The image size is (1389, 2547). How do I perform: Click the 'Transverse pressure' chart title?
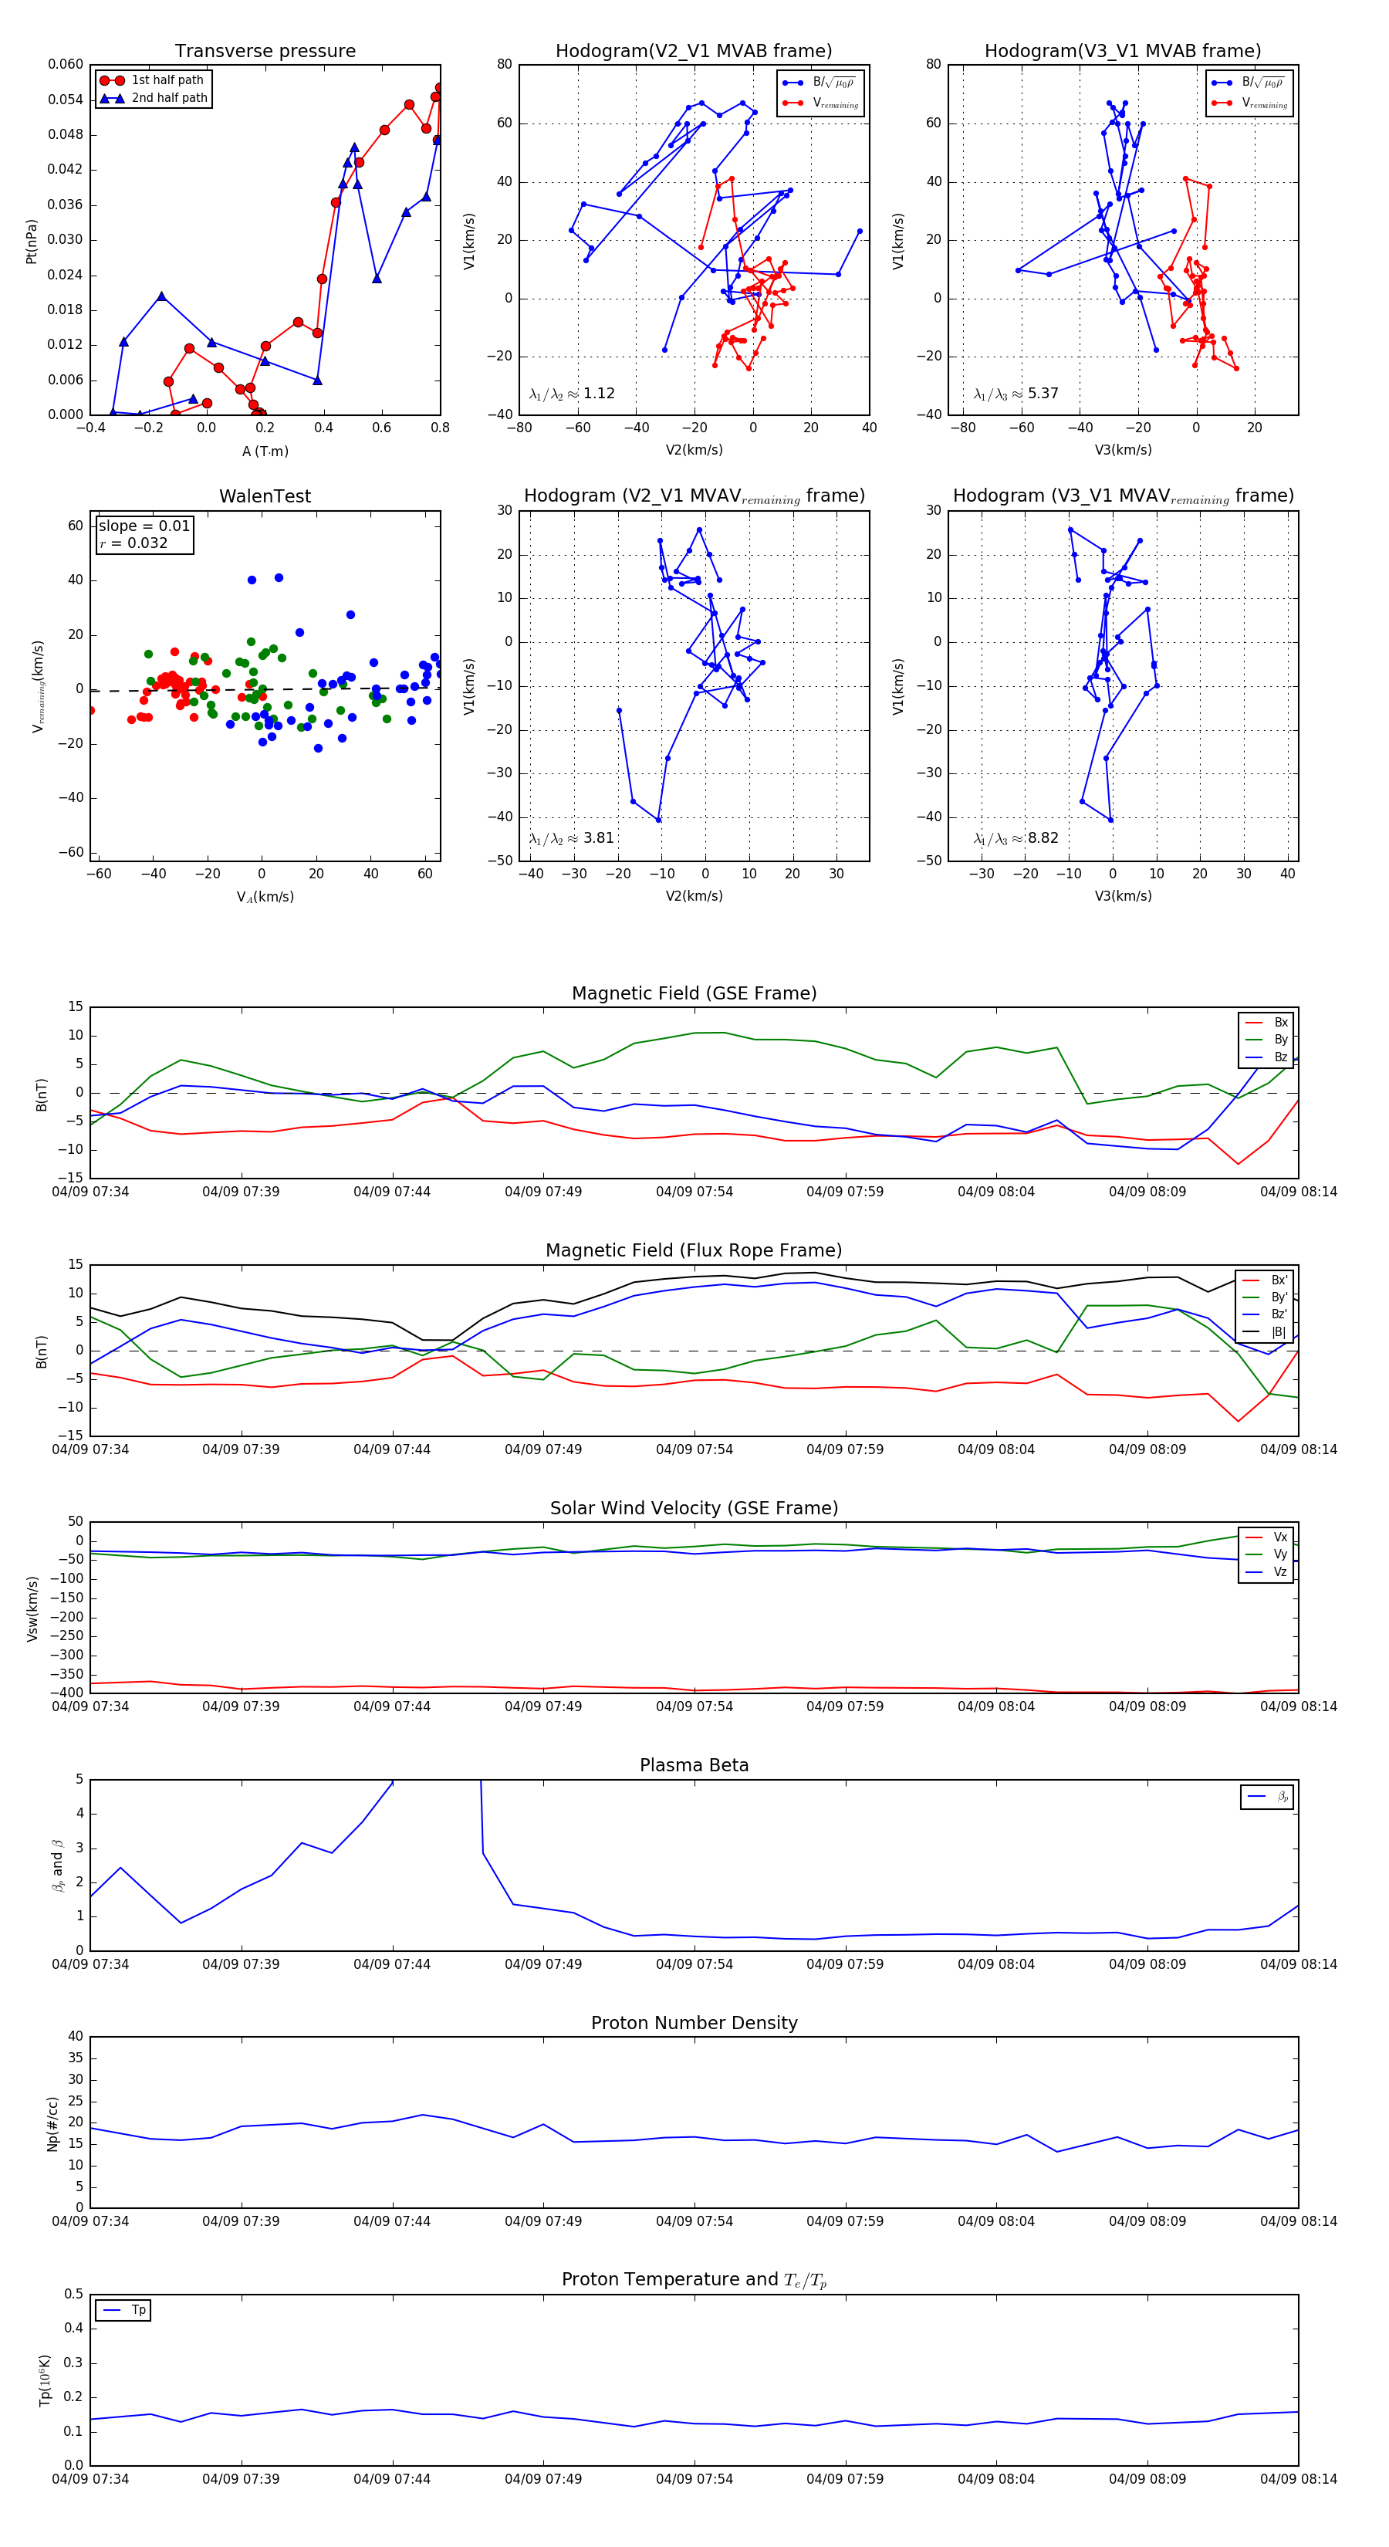pyautogui.click(x=265, y=52)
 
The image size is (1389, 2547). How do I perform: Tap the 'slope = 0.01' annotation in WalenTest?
pyautogui.click(x=144, y=526)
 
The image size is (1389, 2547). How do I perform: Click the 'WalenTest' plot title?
pyautogui.click(x=265, y=496)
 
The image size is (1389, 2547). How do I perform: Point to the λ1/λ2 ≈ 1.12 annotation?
pyautogui.click(x=571, y=394)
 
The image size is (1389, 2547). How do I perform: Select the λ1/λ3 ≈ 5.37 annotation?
pyautogui.click(x=1016, y=394)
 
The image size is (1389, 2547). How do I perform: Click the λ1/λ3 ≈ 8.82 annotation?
pyautogui.click(x=1016, y=838)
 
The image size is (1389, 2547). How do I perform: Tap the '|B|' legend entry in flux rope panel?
pyautogui.click(x=1279, y=1332)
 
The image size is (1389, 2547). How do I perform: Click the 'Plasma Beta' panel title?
pyautogui.click(x=694, y=1765)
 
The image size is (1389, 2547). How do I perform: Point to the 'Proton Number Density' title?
pyautogui.click(x=694, y=2023)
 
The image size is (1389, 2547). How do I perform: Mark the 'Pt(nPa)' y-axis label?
pyautogui.click(x=32, y=242)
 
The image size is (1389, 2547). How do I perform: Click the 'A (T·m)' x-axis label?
pyautogui.click(x=265, y=452)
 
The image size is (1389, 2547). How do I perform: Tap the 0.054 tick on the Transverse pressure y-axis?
pyautogui.click(x=66, y=100)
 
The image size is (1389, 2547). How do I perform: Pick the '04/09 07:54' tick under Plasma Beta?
pyautogui.click(x=694, y=1964)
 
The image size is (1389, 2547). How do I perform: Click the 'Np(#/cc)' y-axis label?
pyautogui.click(x=52, y=2124)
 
